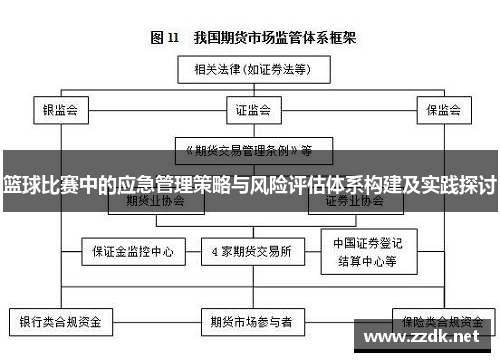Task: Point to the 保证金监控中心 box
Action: [x=132, y=252]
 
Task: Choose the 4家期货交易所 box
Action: [x=251, y=252]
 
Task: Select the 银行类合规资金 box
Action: [x=62, y=323]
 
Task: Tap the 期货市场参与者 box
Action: [x=251, y=323]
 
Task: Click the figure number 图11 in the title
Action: [x=165, y=38]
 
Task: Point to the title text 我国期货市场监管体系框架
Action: [x=272, y=38]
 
